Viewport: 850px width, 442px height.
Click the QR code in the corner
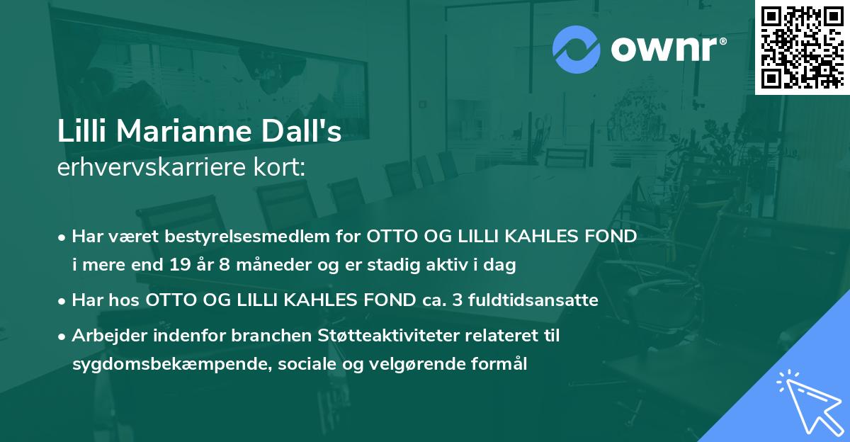801,47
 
